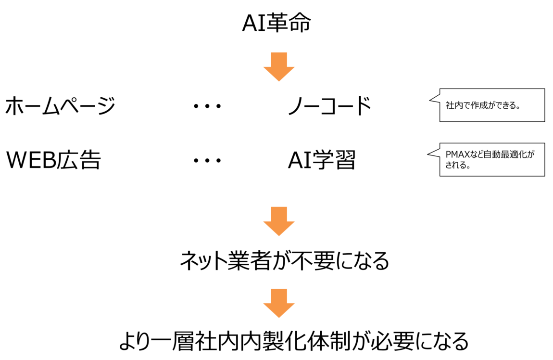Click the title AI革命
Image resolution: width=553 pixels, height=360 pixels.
tap(276, 23)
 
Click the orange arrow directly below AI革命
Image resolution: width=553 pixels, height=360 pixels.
tap(278, 66)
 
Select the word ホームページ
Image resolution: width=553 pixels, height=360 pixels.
tap(60, 106)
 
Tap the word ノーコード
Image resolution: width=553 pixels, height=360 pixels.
tap(329, 106)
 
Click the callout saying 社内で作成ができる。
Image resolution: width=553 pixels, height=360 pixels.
tap(491, 105)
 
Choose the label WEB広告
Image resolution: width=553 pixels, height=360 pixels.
tap(53, 160)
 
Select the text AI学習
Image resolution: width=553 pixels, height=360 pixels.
tap(321, 160)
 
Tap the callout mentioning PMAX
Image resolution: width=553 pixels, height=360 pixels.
tap(491, 159)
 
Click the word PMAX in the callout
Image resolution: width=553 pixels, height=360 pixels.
tap(457, 155)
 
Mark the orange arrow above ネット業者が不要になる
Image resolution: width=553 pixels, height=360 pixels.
tap(278, 221)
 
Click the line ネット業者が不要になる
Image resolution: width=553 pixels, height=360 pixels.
tap(284, 260)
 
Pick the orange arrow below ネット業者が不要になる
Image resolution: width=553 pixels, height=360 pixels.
tap(278, 303)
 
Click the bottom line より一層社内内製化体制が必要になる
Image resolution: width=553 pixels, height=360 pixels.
tap(293, 341)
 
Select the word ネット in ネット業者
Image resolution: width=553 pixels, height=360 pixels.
tap(203, 260)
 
